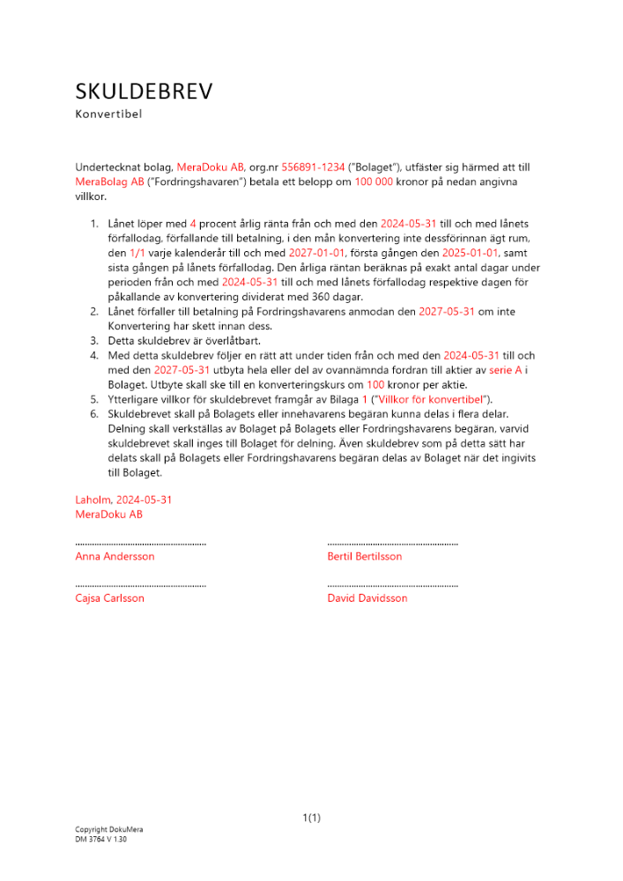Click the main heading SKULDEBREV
click(144, 92)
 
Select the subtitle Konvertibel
click(108, 114)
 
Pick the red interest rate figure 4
click(193, 225)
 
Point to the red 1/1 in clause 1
click(137, 253)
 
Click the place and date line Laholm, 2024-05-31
click(123, 500)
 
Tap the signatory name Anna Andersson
click(115, 557)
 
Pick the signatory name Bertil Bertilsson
click(364, 557)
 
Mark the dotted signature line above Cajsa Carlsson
click(141, 585)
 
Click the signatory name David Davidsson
click(367, 598)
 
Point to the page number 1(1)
click(311, 818)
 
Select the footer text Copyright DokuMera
click(108, 830)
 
